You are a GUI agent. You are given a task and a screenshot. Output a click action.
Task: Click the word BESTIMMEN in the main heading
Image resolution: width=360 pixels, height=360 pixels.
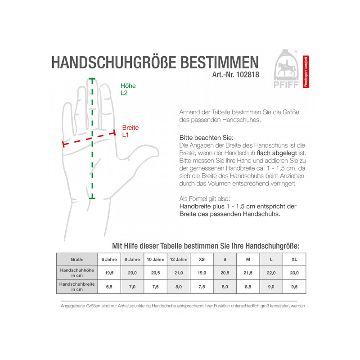[x=220, y=62]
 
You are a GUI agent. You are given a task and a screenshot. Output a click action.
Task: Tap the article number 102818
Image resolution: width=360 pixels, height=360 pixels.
[x=247, y=75]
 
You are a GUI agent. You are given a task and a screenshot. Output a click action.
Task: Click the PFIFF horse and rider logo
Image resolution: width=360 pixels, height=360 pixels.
[x=286, y=69]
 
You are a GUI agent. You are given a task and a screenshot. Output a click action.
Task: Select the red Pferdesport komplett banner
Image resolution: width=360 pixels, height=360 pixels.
[x=306, y=72]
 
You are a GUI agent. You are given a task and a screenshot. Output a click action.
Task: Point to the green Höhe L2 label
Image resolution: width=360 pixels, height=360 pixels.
[x=128, y=89]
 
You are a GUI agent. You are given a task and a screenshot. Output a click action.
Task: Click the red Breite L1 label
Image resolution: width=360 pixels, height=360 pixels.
[x=130, y=131]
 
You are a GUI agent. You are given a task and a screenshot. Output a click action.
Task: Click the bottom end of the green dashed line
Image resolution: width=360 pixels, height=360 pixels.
[x=92, y=198]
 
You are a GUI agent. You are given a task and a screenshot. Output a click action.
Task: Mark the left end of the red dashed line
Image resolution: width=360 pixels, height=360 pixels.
[x=63, y=144]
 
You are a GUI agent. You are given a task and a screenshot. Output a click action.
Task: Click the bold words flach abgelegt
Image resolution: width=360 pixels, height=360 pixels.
[x=277, y=153]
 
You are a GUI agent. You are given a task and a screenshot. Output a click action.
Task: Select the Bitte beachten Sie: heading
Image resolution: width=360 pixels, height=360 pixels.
[x=206, y=138]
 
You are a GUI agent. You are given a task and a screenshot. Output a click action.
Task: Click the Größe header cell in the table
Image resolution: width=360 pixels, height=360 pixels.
[x=77, y=260]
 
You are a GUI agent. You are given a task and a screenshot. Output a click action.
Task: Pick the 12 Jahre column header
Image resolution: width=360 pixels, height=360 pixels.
[x=179, y=260]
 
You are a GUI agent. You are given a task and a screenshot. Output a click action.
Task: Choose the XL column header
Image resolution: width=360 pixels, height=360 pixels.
[x=294, y=260]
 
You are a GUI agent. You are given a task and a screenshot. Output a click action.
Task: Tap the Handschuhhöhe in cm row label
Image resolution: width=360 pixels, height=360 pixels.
[x=77, y=273]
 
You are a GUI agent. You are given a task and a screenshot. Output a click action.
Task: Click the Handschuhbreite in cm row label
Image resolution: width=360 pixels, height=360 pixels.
[x=77, y=287]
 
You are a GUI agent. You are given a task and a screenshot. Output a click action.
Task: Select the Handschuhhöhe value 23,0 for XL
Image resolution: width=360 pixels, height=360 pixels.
[x=294, y=273]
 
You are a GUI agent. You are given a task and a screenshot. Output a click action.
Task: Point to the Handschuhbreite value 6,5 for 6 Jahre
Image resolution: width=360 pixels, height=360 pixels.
[x=109, y=287]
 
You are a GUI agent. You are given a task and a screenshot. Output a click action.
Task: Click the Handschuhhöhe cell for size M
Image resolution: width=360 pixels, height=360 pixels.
[x=248, y=273]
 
